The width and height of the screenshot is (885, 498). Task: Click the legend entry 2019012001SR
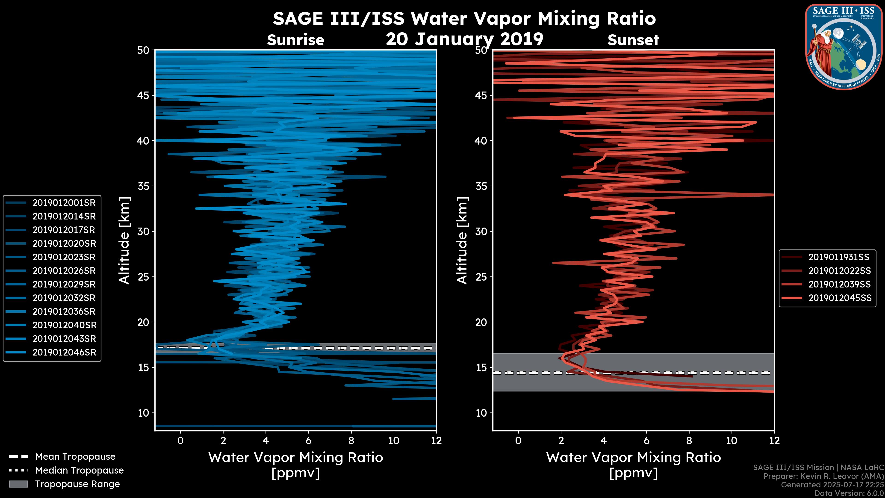[64, 203]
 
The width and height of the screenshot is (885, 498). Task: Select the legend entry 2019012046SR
[64, 352]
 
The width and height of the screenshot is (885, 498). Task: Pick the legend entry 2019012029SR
[64, 284]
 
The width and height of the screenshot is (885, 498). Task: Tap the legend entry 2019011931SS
[839, 257]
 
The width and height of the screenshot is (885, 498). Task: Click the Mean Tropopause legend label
[75, 456]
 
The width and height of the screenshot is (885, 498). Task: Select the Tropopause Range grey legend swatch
[18, 484]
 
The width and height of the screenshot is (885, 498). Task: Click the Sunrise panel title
[295, 40]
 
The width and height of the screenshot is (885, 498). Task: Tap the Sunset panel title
[633, 40]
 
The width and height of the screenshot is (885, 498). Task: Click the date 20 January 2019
[464, 39]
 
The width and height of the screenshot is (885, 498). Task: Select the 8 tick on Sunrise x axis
[351, 441]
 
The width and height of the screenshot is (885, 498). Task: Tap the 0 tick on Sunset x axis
[518, 441]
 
